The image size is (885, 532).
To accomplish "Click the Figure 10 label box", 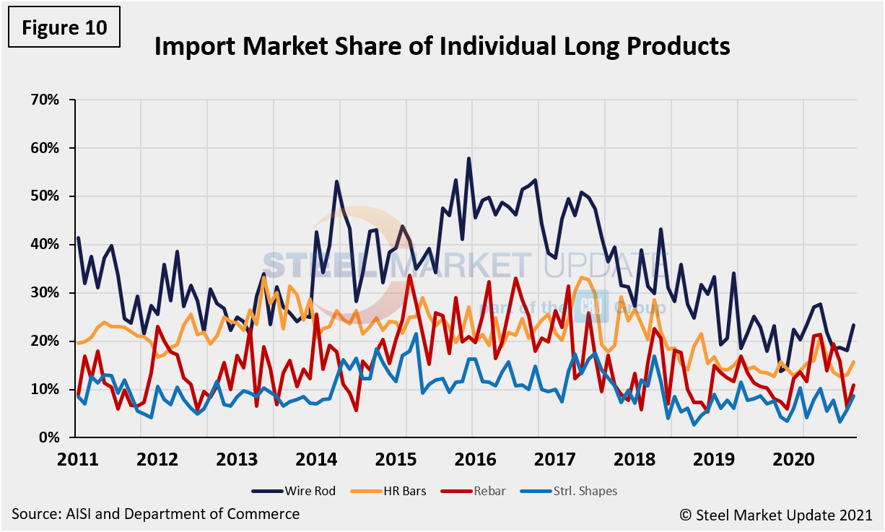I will coord(63,28).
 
